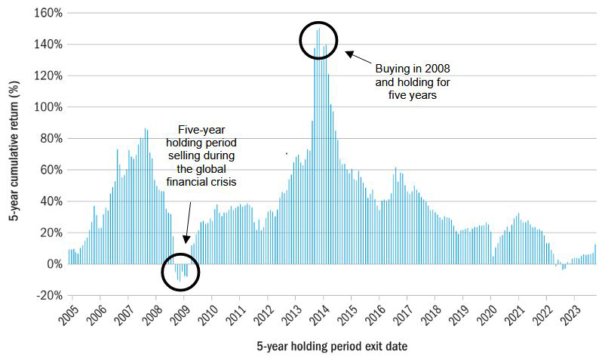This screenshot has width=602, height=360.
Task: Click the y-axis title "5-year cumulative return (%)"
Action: (14, 153)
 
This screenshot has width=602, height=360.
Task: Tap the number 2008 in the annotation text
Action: (437, 68)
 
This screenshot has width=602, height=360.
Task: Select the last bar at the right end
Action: (595, 254)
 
